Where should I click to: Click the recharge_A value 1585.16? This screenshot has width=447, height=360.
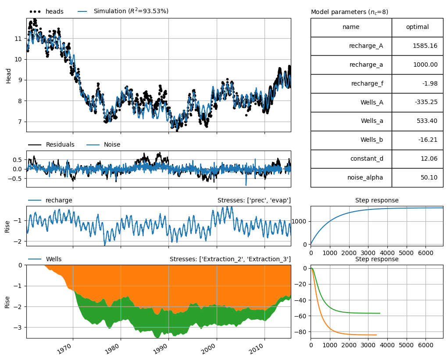tap(425, 46)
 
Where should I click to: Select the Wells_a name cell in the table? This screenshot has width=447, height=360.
tap(351, 121)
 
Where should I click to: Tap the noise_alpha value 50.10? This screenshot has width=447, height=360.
tap(429, 177)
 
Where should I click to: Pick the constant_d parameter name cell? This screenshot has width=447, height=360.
tap(351, 158)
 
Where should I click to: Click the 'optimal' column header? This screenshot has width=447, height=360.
tap(417, 27)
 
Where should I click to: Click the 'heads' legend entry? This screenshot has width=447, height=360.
tap(46, 11)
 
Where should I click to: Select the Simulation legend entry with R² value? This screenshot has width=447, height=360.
tap(123, 11)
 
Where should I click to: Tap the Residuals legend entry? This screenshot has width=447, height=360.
tap(51, 144)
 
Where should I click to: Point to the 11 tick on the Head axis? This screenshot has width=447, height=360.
tap(18, 39)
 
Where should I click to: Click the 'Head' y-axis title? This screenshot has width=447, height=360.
tap(8, 76)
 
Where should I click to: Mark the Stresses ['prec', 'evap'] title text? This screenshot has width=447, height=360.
tap(254, 200)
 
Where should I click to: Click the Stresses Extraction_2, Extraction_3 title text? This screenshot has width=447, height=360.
tap(230, 259)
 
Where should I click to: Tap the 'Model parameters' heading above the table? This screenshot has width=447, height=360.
tap(350, 12)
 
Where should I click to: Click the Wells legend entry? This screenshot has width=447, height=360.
tap(45, 259)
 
